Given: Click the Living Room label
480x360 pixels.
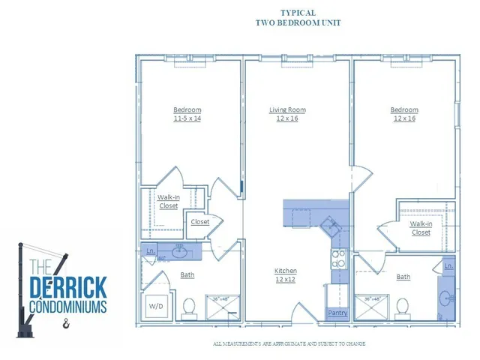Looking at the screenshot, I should pos(288,110).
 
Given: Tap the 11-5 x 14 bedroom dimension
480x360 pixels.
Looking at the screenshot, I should pos(187,118).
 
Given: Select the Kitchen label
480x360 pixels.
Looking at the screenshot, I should pos(286,271).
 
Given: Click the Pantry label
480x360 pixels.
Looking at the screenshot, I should pos(336,313).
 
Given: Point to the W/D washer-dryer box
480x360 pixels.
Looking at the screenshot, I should pos(158,306).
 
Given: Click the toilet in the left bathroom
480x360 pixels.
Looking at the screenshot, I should pos(190,307).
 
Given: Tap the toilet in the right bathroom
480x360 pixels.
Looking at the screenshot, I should pos(403,307).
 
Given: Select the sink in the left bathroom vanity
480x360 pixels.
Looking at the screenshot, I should pos(180,251).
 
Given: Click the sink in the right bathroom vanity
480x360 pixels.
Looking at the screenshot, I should pos(448,298).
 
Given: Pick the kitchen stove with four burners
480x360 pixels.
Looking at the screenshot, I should pos(338,259).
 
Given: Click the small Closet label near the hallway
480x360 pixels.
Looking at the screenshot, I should pos(199,222).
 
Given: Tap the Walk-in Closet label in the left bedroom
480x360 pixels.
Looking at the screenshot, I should pos(168,201).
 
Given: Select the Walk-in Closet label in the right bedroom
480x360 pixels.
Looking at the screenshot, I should pos(421,228).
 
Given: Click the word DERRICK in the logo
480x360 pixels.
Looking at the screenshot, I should pos(67,286).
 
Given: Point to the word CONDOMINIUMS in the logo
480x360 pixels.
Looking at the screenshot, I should pos(67,307).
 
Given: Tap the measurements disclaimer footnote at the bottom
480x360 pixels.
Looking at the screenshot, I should pos(288,343).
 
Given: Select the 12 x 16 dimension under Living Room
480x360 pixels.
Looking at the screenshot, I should pos(288,118).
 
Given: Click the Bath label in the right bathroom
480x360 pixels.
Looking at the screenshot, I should pos(403,277).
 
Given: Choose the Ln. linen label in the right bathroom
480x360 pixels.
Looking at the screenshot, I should pos(448,266).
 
